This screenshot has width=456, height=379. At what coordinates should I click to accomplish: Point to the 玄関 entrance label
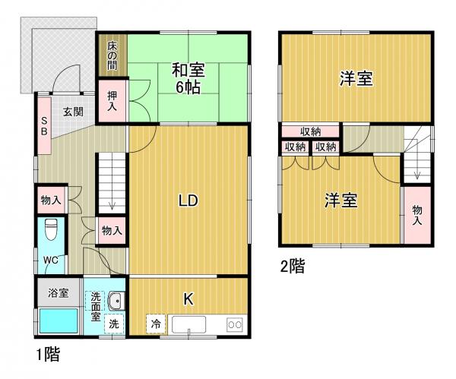point(73,112)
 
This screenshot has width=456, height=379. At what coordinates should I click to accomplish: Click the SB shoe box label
point(44,125)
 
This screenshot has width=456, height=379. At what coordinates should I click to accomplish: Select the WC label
point(50,260)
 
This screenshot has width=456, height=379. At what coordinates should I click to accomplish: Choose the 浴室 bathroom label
point(59,292)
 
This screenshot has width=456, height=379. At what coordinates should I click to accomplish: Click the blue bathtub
point(59,320)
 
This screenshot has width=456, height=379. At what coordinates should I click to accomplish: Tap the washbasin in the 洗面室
point(116,302)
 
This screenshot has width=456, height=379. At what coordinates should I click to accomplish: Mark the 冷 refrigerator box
point(156,323)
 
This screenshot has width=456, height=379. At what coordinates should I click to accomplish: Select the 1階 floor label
point(47,354)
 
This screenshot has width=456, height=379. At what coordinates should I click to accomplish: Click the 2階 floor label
point(293,267)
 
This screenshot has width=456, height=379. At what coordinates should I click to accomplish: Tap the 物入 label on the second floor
point(417,215)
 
